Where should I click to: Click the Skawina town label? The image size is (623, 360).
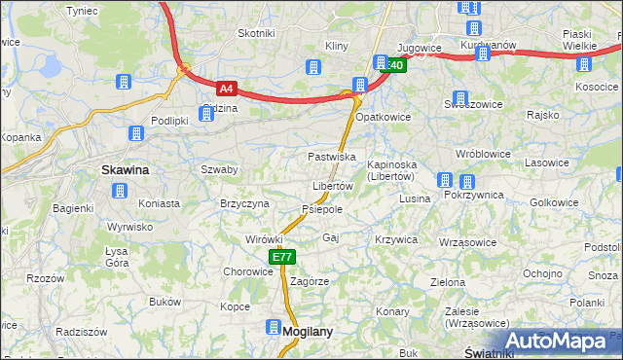pyautogui.click(x=126, y=169)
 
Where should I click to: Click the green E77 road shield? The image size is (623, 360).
pyautogui.click(x=281, y=257)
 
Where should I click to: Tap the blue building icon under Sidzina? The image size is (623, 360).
pyautogui.click(x=206, y=115)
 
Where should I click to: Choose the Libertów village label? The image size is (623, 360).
pyautogui.click(x=332, y=186)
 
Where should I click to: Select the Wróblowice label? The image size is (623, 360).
pyautogui.click(x=484, y=154)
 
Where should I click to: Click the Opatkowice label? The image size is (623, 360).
pyautogui.click(x=383, y=117)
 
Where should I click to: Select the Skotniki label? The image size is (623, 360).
pyautogui.click(x=256, y=33)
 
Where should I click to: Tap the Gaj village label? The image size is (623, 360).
pyautogui.click(x=330, y=237)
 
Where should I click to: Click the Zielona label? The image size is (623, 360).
pyautogui.click(x=448, y=282)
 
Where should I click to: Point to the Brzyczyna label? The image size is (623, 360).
pyautogui.click(x=244, y=203)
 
